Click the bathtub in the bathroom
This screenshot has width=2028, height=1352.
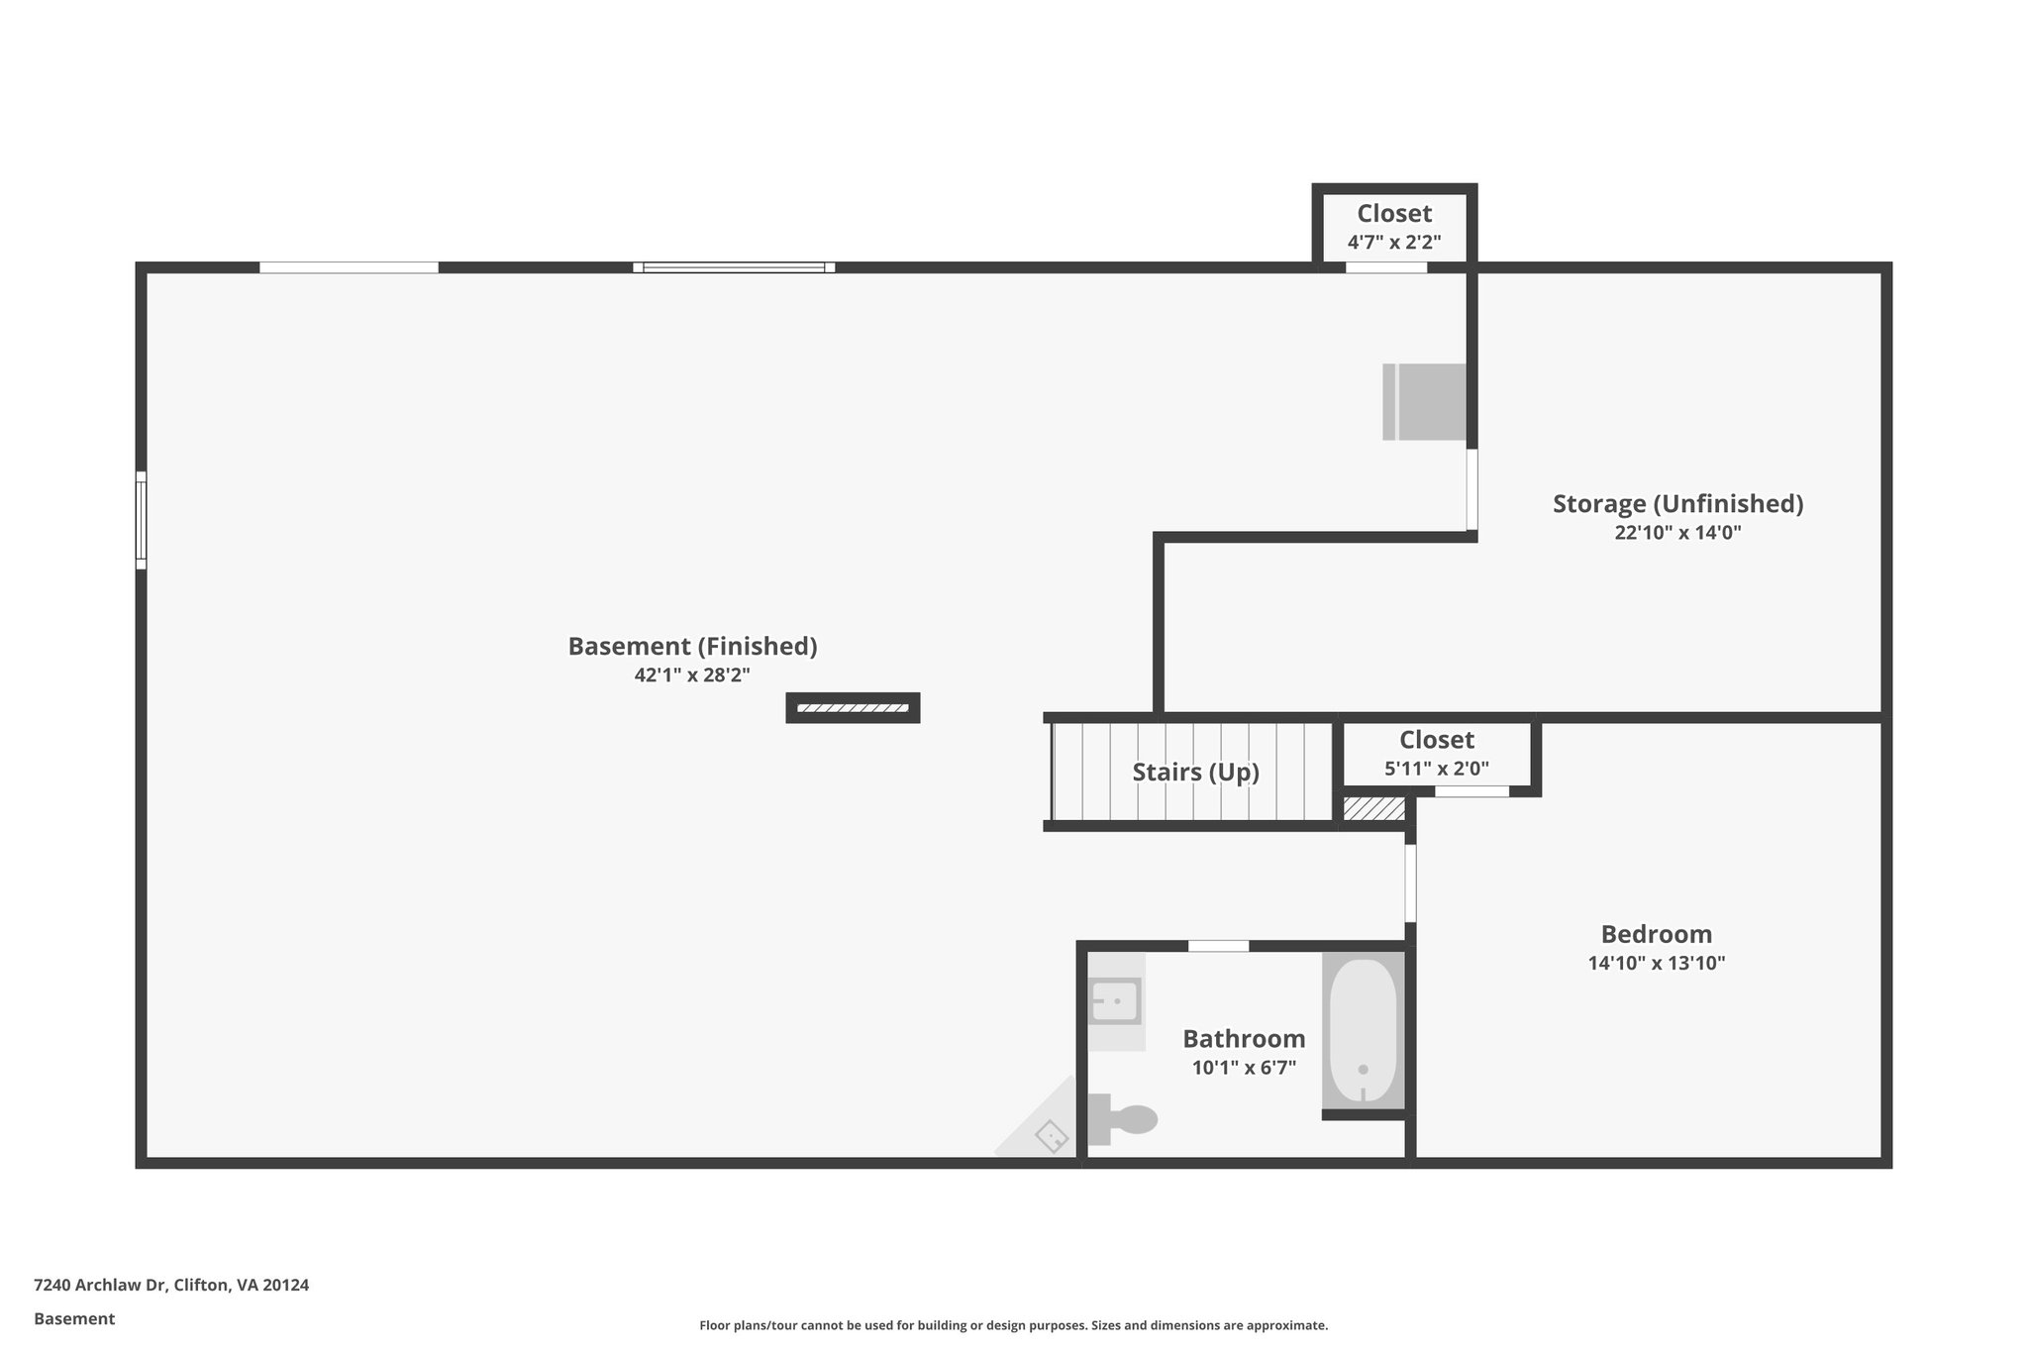click(1363, 1030)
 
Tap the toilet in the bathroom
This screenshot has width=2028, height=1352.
click(1125, 1119)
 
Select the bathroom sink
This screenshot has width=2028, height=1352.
click(1114, 1001)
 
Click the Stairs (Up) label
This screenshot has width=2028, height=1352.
click(1195, 773)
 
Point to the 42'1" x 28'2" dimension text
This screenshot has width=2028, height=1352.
click(692, 676)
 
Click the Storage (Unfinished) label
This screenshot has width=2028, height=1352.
click(1677, 504)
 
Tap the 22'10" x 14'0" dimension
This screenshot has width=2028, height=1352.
click(1677, 533)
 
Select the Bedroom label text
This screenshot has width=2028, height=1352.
click(1656, 934)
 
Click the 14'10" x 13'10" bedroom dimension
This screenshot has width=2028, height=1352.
click(1656, 963)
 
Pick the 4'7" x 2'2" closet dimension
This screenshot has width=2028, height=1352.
click(1393, 242)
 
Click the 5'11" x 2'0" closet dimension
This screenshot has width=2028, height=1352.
click(1436, 769)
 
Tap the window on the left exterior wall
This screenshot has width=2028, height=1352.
click(142, 520)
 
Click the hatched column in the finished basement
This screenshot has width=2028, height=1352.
click(853, 708)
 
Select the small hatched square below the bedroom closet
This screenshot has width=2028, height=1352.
click(1373, 809)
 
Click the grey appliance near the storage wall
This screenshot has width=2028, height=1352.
click(1424, 401)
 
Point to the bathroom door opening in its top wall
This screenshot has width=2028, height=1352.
click(1218, 946)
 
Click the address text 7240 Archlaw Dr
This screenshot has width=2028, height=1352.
click(171, 1285)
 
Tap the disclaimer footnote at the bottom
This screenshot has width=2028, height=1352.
click(1013, 1325)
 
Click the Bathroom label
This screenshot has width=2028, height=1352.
click(1244, 1039)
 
